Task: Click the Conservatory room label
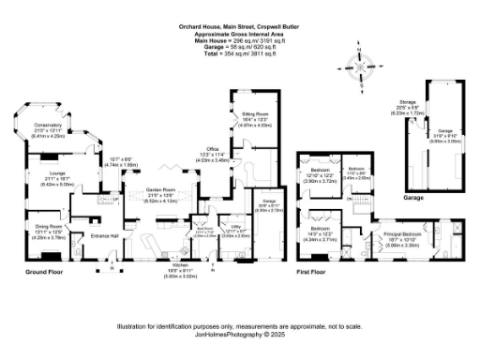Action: point(48,125)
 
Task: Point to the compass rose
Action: point(356,70)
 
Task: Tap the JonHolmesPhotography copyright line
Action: point(238,333)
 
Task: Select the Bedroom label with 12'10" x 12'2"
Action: point(321,174)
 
